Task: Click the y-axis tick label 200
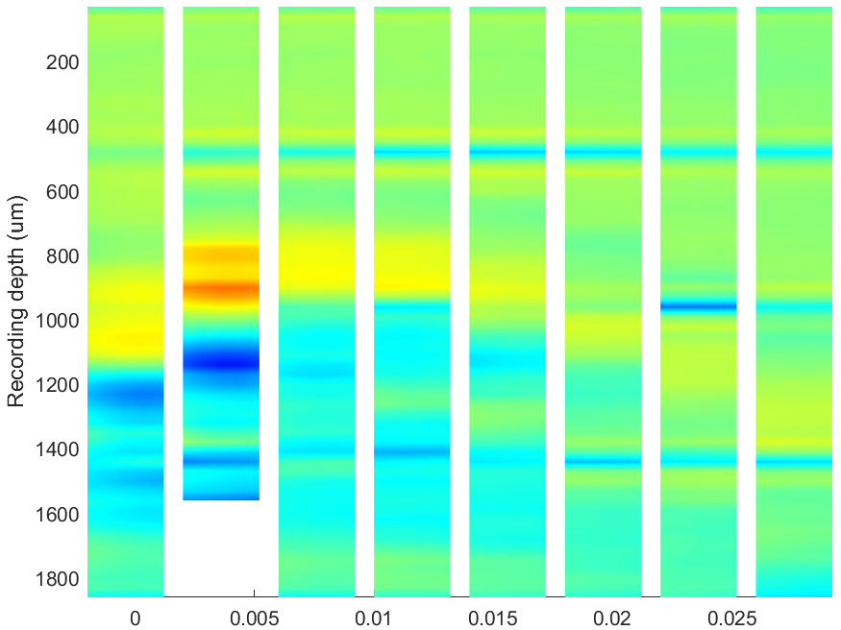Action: pyautogui.click(x=62, y=62)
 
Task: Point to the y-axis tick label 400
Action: pyautogui.click(x=62, y=128)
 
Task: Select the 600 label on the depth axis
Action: pyautogui.click(x=62, y=192)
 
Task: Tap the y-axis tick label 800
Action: pyautogui.click(x=62, y=256)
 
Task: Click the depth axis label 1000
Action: pyautogui.click(x=58, y=321)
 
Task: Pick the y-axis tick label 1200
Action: pyautogui.click(x=58, y=385)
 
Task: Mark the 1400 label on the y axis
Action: pyautogui.click(x=58, y=450)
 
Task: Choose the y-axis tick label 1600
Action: pyautogui.click(x=58, y=515)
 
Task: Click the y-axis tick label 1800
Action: pyautogui.click(x=58, y=579)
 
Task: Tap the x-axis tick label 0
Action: pyautogui.click(x=136, y=618)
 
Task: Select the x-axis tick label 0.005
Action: pyautogui.click(x=255, y=618)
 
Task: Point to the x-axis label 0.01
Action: pyautogui.click(x=373, y=618)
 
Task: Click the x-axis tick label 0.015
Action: pyautogui.click(x=492, y=618)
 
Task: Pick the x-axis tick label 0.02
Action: pyautogui.click(x=612, y=618)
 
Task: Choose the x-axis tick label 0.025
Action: pyautogui.click(x=731, y=618)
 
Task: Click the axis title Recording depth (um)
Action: pyautogui.click(x=16, y=301)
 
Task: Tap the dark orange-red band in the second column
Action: pyautogui.click(x=221, y=290)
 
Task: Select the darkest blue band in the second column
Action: pyautogui.click(x=221, y=363)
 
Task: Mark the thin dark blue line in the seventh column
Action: pyautogui.click(x=699, y=307)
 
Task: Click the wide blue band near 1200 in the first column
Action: pyautogui.click(x=126, y=397)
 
